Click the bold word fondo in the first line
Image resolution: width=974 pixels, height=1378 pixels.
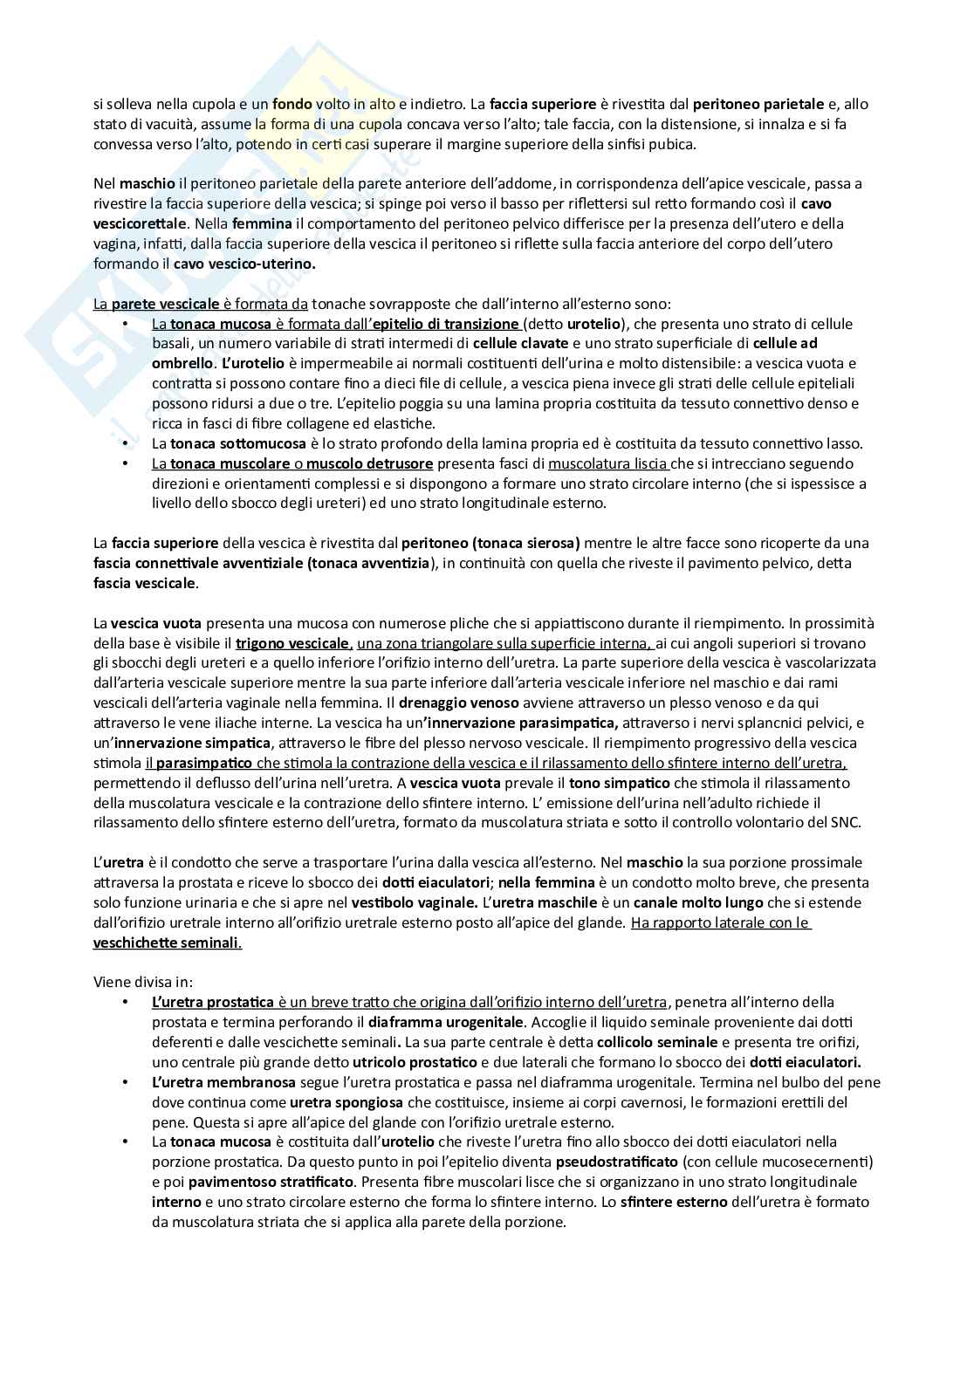tap(292, 104)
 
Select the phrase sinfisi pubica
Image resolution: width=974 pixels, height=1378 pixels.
tap(653, 144)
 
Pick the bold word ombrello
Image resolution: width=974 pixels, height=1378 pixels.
tap(182, 363)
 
